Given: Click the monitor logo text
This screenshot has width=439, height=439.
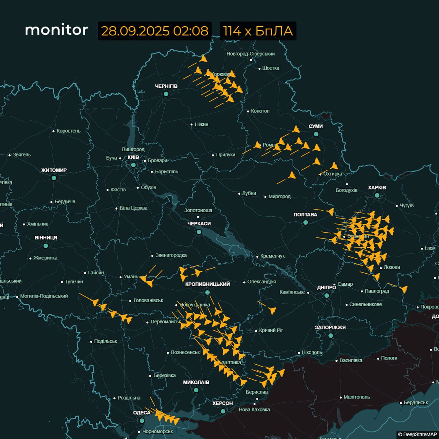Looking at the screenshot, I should point(56,30).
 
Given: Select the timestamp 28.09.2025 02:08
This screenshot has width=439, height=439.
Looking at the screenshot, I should point(154,31).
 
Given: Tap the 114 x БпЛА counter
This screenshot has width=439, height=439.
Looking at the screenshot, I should point(258,31).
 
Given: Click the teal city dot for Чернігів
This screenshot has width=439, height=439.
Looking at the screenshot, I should point(166,94).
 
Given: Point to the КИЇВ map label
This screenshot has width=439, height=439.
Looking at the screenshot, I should point(133,157).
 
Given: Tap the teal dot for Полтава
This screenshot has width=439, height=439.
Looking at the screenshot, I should point(305,222).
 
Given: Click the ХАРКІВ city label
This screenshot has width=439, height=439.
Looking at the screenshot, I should point(377,188).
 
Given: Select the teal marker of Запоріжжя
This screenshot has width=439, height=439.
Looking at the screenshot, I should point(330,335).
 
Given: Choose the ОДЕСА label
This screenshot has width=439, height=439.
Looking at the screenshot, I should point(142,413).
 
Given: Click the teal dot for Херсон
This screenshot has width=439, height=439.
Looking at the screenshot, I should point(223,411).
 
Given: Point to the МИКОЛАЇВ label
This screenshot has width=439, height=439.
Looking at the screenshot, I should point(196,382).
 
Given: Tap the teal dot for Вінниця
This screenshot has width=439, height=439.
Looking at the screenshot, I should point(46,246).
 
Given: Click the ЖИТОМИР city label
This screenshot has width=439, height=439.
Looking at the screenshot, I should point(54,170).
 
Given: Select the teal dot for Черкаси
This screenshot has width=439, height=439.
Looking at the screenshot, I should point(199,232).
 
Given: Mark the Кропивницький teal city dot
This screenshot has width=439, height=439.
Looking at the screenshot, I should point(207,292).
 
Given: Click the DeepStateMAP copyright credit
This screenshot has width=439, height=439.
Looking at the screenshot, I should point(417,434).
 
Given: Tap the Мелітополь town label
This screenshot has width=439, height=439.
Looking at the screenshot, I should point(357,397).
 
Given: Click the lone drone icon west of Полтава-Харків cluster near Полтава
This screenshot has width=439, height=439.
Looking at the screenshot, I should point(330,211).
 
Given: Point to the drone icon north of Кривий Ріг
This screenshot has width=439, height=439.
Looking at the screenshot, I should point(271,310).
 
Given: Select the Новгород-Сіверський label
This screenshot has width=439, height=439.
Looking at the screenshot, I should point(251,54).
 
